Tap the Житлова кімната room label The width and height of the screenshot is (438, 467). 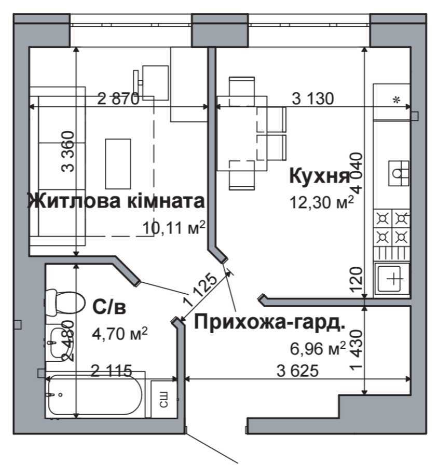(x=116, y=201)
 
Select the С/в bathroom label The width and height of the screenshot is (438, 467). (x=109, y=307)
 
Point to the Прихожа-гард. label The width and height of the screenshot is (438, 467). (x=269, y=322)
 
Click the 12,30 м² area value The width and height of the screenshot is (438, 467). (x=322, y=201)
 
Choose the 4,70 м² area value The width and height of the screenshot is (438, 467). (x=120, y=332)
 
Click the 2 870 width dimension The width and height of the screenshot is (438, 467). (x=119, y=99)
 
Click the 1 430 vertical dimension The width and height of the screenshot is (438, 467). (x=355, y=350)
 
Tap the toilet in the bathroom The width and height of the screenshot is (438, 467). (x=64, y=301)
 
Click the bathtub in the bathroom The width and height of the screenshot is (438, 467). (x=94, y=395)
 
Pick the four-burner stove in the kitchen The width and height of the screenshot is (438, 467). (x=392, y=227)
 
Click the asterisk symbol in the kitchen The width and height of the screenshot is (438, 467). (x=396, y=101)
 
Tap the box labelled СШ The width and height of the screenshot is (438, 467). (x=162, y=399)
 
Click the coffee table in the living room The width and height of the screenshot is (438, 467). (x=118, y=163)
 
